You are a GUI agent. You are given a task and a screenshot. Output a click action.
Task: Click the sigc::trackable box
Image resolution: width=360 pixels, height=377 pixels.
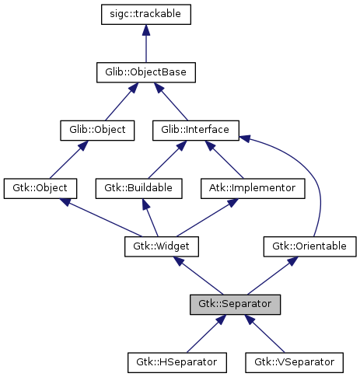pos(146,14)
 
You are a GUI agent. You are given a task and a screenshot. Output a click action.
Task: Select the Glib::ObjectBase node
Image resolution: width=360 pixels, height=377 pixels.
pos(146,72)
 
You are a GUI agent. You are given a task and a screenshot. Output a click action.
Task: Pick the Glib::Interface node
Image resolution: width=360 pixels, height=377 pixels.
pos(195,130)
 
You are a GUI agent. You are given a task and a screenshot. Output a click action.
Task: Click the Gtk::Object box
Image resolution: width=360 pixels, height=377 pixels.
pos(40,188)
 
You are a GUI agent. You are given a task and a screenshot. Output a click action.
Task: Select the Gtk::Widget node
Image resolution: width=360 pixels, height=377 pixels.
pos(162,246)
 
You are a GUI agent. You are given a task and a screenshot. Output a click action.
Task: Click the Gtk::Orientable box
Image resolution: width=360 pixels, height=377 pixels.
pos(309,246)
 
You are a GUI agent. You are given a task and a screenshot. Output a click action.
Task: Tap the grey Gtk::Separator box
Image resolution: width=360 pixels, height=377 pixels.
pos(235,304)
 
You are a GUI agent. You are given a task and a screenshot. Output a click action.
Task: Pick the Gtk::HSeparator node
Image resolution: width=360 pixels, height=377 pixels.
pos(177,362)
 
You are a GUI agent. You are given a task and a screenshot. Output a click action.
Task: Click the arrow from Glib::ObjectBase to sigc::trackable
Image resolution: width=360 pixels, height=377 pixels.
pos(146,44)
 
